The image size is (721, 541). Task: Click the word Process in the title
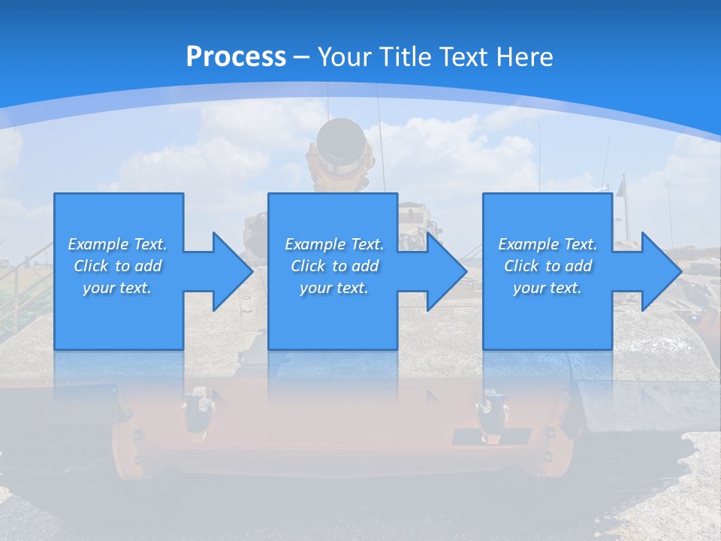coord(236,56)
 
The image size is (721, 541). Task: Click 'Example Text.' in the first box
coord(117,244)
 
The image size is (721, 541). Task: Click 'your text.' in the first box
coord(117,288)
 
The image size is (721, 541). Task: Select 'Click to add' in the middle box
coord(334,266)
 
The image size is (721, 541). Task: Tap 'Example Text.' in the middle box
coord(334,244)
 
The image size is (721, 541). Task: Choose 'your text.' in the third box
coord(548,288)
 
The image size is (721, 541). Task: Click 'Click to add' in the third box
coord(548,266)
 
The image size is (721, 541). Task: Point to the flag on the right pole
coord(621,185)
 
